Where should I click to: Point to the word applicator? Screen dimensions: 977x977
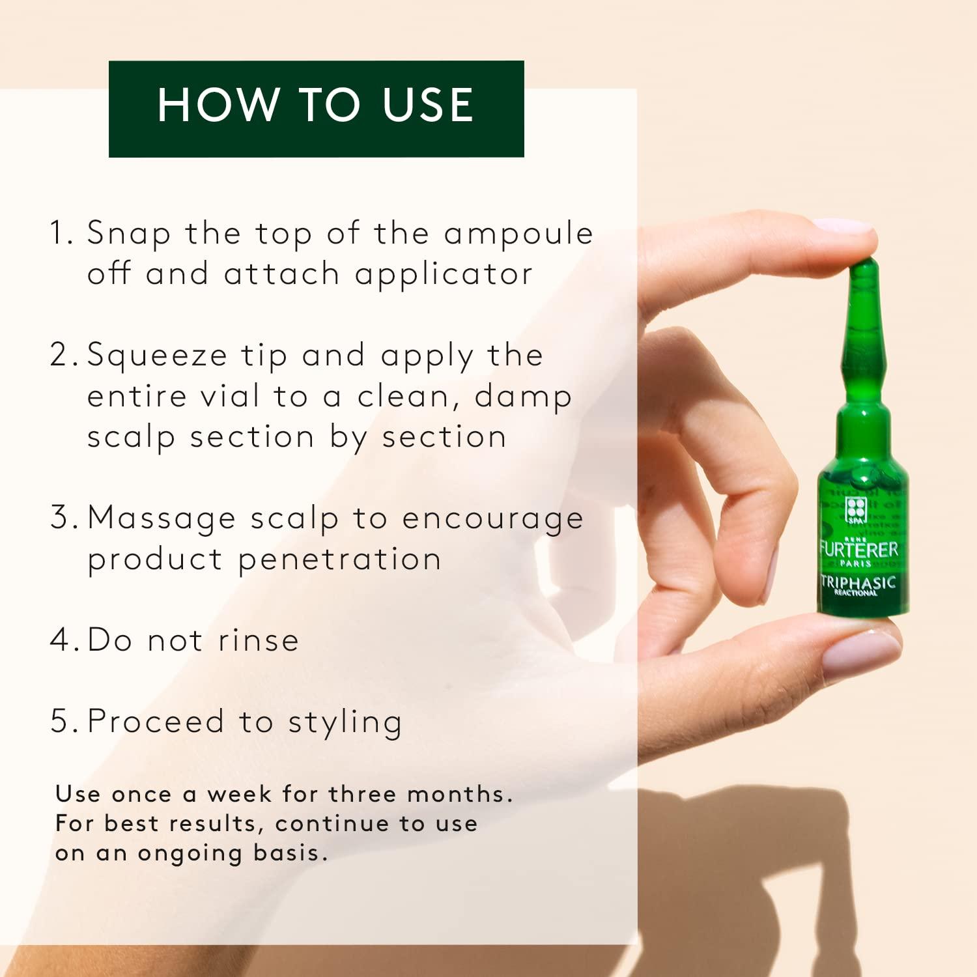(444, 275)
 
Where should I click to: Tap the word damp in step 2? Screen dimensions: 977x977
(523, 396)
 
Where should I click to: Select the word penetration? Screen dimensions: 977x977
(339, 560)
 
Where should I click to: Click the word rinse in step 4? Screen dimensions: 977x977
(258, 640)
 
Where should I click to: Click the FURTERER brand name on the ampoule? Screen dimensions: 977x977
(858, 549)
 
